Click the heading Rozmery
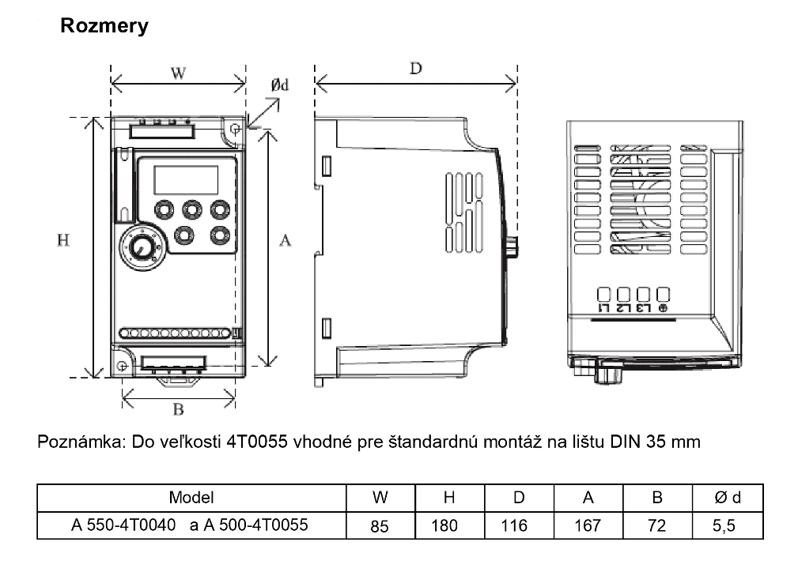tap(104, 26)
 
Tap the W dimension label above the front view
tap(178, 73)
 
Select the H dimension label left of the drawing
tap(63, 240)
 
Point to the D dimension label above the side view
tap(416, 68)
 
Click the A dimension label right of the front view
tap(285, 240)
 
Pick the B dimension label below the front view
tap(178, 408)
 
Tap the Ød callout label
tap(280, 85)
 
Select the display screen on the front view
tap(186, 179)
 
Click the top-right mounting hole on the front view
tap(235, 129)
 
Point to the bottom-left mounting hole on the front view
tap(122, 366)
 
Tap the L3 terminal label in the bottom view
tap(643, 308)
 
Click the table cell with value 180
tap(444, 525)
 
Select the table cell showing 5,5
tap(724, 525)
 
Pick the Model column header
tap(191, 498)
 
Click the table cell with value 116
tap(514, 525)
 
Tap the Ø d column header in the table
tap(728, 498)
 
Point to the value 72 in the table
tap(657, 525)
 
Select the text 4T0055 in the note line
tap(257, 442)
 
